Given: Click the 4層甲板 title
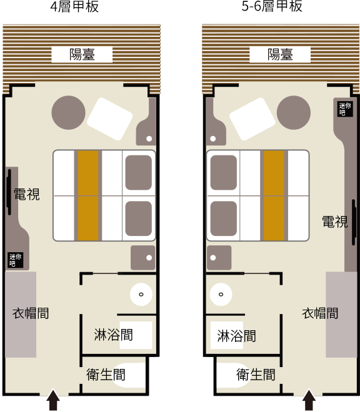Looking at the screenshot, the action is [x=74, y=6].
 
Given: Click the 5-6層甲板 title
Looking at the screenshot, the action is [x=272, y=6].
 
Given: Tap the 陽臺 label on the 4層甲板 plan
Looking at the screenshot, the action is [x=82, y=55].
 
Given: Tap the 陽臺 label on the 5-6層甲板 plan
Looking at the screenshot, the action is [x=280, y=55].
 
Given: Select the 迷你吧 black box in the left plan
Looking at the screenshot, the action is [x=15, y=260].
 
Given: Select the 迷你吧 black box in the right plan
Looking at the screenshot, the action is [x=345, y=109].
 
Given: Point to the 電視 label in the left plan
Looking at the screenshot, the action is [x=27, y=194].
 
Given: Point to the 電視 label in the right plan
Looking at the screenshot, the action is [x=335, y=222].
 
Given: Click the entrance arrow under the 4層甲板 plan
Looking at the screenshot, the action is [x=53, y=400].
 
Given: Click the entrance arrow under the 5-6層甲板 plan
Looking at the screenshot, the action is [x=309, y=400].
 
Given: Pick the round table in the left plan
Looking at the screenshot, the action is [x=68, y=112].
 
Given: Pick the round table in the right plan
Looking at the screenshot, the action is [x=294, y=112].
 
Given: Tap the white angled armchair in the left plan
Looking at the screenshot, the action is [x=110, y=119].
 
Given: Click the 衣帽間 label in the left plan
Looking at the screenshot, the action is [x=31, y=313].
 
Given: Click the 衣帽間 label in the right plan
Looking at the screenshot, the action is [x=320, y=313].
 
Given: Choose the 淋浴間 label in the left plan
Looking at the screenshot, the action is [x=113, y=335].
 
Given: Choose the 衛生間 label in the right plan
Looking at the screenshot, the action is [x=256, y=375].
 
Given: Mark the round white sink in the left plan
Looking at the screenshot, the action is [x=141, y=294].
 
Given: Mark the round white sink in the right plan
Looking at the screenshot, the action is [x=221, y=294].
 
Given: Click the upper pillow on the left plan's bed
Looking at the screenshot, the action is [x=138, y=173].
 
